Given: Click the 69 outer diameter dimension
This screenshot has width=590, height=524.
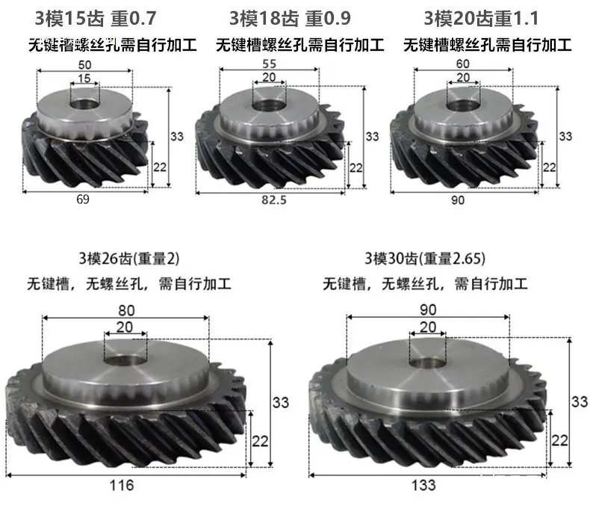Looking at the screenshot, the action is tap(83, 199).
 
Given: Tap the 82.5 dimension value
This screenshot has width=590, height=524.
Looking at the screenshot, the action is tap(274, 200).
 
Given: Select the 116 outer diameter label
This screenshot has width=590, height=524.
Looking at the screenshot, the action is tap(122, 485).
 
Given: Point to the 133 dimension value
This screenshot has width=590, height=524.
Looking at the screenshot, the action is tap(423, 485).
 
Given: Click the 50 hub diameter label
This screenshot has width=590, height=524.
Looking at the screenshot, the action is tap(84, 65).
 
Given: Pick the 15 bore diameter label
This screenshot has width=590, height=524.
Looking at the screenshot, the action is tap(84, 78).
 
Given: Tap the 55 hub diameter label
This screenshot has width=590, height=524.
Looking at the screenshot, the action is tap(270, 64).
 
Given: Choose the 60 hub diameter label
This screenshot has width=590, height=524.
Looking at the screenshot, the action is tap(463, 64).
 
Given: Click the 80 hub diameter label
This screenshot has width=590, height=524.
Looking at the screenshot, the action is tap(126, 310).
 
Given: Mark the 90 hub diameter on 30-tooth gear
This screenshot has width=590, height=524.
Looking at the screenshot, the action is tap(428, 309).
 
